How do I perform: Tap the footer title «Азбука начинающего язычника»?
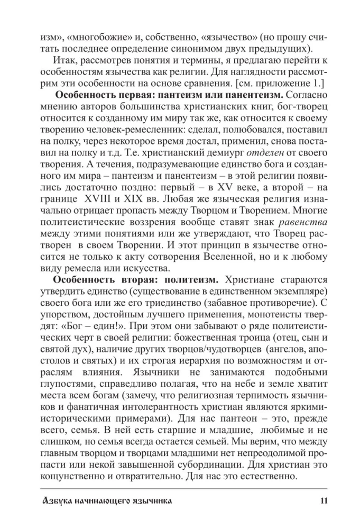pyautogui.click(x=101, y=499)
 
